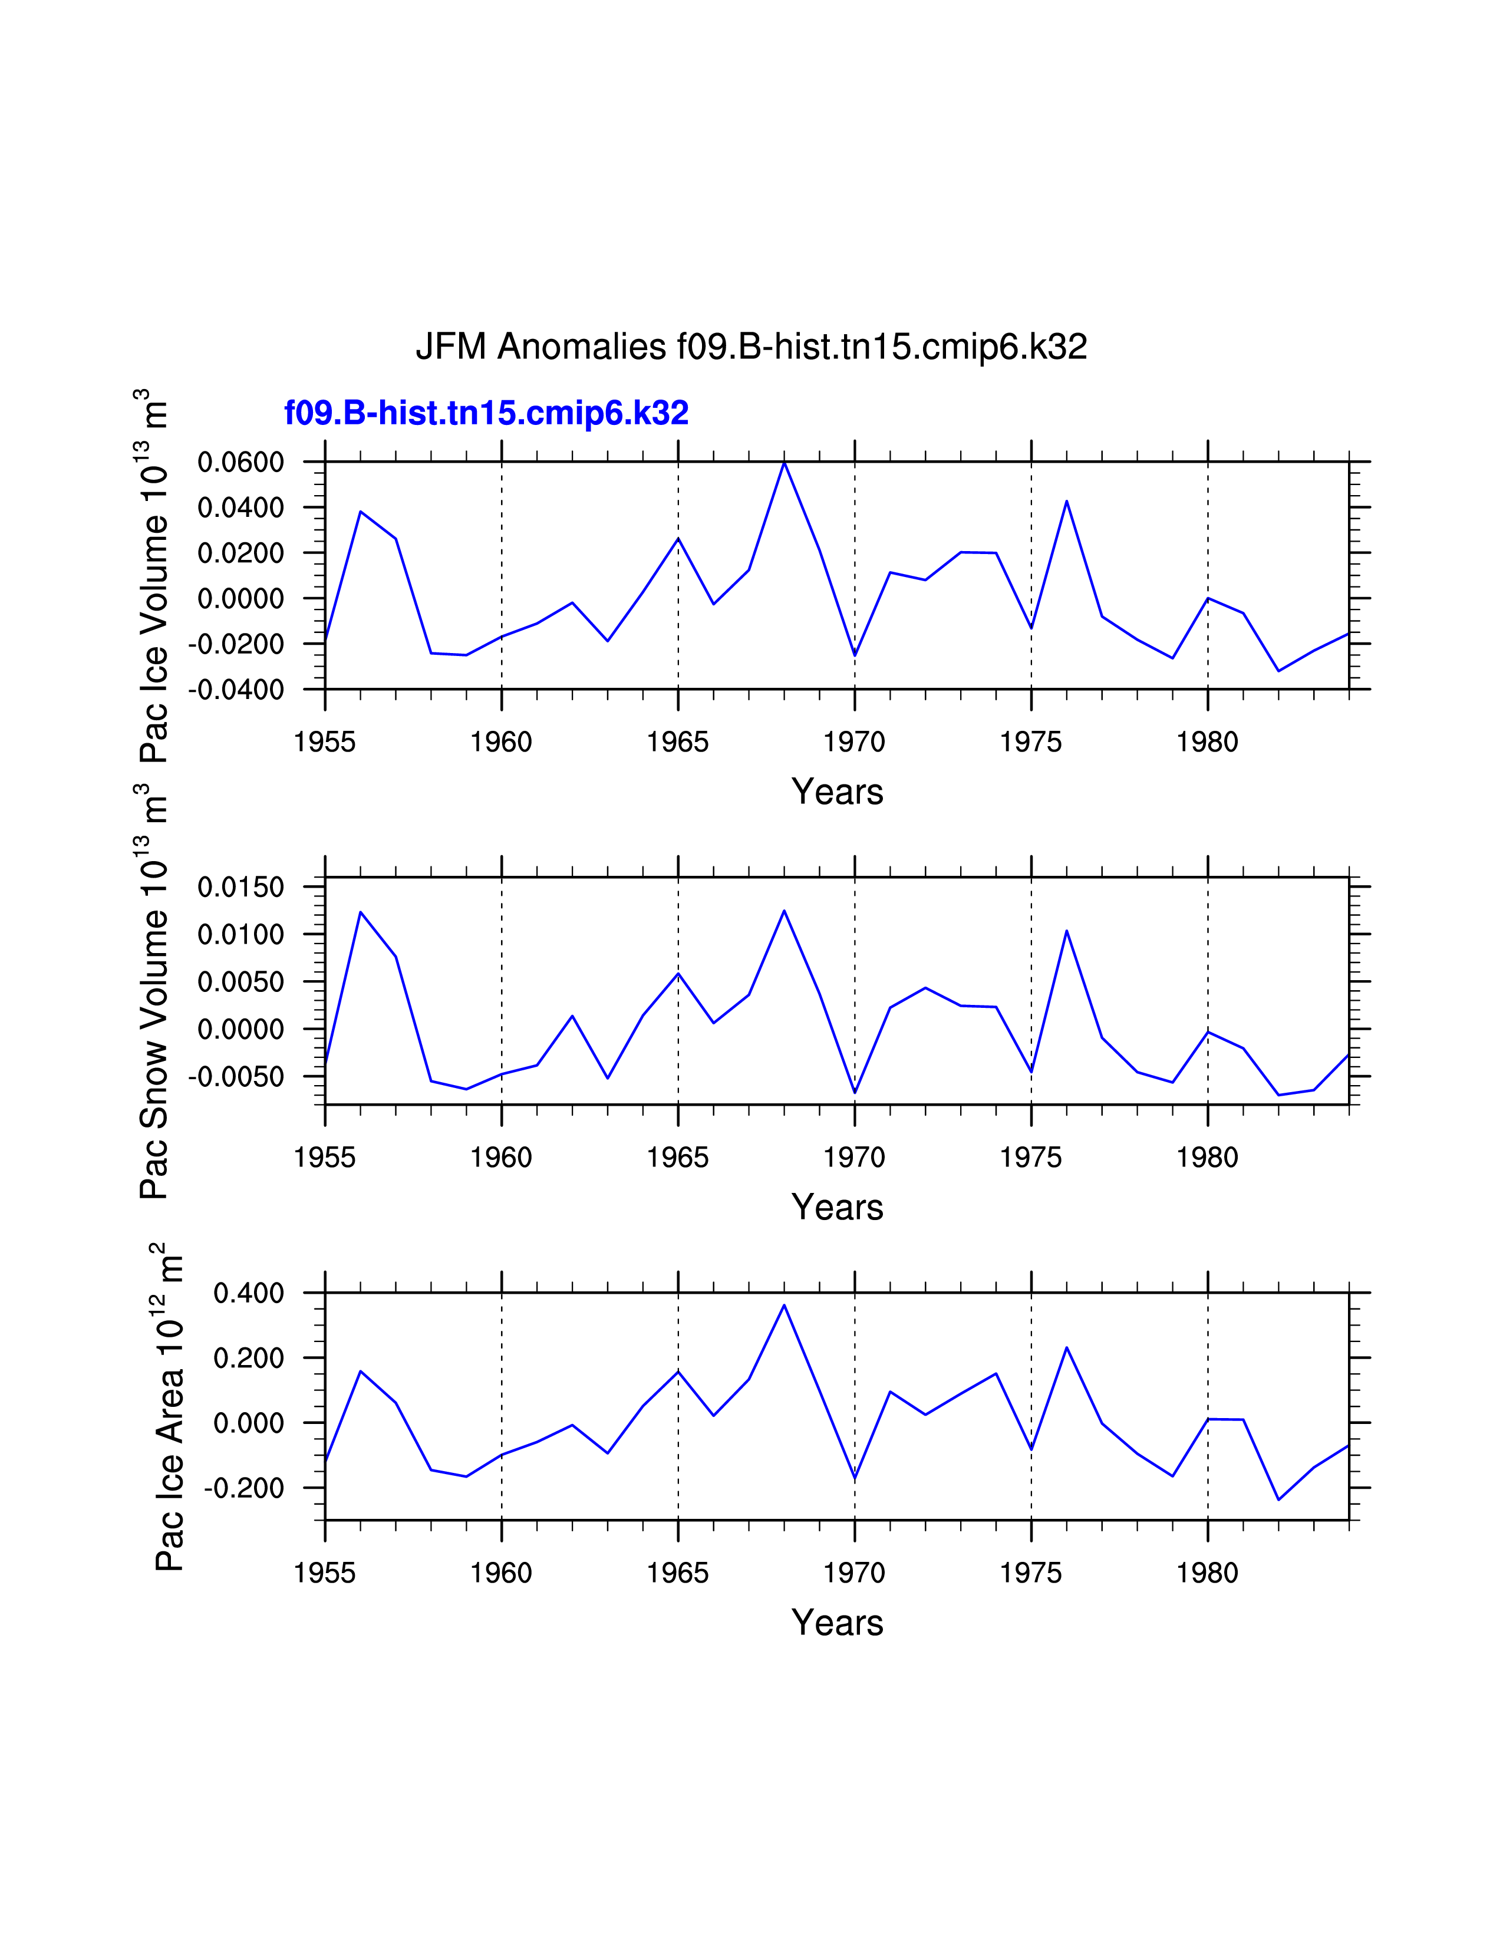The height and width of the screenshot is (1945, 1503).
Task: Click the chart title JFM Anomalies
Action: click(x=750, y=347)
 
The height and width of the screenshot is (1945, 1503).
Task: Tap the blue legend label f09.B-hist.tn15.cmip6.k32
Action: click(x=486, y=413)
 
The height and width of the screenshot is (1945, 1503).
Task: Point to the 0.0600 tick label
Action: click(x=240, y=462)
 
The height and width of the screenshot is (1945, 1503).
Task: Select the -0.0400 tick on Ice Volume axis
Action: click(x=236, y=690)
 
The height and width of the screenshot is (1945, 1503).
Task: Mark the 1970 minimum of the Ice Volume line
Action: click(x=855, y=655)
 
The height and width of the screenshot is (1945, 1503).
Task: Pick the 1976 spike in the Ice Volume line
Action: click(x=1067, y=502)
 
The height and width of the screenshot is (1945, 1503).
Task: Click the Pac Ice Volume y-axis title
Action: click(x=153, y=575)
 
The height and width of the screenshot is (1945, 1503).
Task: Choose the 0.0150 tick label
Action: click(x=240, y=887)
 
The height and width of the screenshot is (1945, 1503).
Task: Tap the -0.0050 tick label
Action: click(x=236, y=1077)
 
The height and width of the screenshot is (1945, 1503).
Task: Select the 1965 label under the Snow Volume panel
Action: click(x=678, y=1158)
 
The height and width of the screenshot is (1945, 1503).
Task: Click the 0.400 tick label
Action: click(x=248, y=1293)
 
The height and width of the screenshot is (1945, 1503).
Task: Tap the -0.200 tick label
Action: click(x=244, y=1488)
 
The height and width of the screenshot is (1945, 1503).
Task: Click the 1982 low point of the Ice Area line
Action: click(x=1278, y=1500)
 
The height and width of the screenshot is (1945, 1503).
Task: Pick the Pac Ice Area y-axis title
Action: click(x=169, y=1407)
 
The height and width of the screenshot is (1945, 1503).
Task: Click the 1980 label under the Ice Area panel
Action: click(x=1207, y=1574)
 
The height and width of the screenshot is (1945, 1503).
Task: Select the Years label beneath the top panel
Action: click(x=837, y=792)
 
